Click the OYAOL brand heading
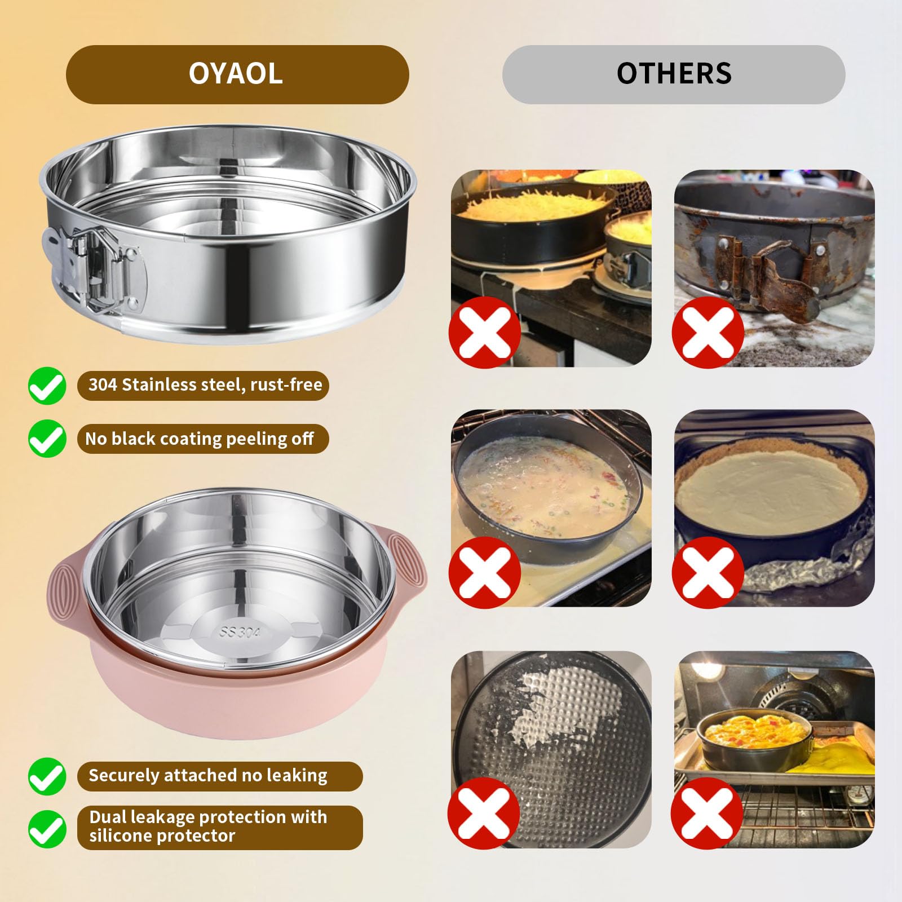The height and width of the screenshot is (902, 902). tap(236, 74)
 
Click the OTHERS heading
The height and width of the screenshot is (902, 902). tap(674, 74)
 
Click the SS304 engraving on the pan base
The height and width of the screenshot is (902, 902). tap(240, 631)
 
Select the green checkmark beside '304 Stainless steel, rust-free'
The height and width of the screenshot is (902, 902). tap(47, 386)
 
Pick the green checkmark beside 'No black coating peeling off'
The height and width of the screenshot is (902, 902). tap(47, 438)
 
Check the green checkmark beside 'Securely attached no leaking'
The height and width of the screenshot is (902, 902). tap(47, 776)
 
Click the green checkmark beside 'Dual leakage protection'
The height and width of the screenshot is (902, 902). tap(47, 828)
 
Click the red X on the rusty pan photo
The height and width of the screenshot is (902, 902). tap(707, 333)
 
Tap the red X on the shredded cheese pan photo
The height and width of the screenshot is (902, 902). tap(484, 333)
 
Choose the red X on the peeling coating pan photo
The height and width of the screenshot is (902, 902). tap(483, 812)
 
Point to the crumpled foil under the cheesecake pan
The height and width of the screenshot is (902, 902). tap(801, 575)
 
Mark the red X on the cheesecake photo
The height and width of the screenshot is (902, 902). tap(707, 572)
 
